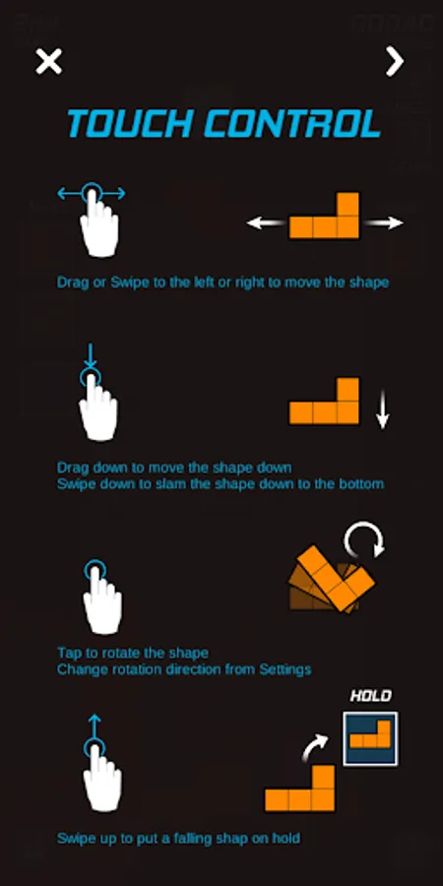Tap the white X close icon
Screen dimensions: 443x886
coord(48,61)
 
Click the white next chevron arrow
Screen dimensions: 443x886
coord(395,61)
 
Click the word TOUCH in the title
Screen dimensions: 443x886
coord(130,124)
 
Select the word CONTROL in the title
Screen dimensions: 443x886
coord(292,124)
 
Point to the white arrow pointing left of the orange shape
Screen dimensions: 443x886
coord(266,223)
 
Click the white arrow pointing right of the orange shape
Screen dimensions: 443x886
coord(384,223)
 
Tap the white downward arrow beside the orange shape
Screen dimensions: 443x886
coord(383,409)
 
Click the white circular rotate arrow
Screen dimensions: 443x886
coord(364,538)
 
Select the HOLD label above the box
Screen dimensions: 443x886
coord(371,696)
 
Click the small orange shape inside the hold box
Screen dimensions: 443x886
coord(371,734)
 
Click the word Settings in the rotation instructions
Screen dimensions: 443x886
coord(285,670)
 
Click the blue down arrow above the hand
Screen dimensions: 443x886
coord(91,356)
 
